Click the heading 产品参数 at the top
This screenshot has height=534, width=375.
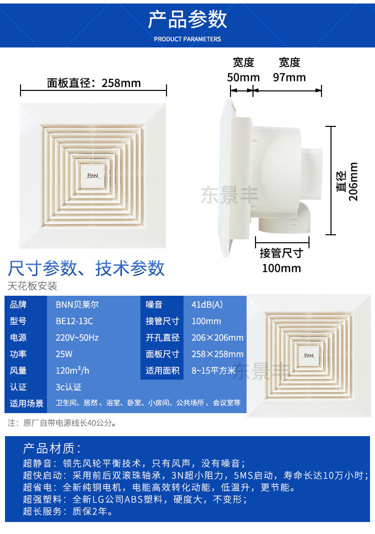187,20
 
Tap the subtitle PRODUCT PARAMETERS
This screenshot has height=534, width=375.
187,39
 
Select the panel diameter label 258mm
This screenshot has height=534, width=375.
94,83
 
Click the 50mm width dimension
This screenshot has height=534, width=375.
243,77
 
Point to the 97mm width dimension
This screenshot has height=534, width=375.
289,77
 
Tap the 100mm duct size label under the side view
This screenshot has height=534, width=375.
281,268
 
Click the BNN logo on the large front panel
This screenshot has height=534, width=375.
93,176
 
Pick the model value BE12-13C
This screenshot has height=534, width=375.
74,321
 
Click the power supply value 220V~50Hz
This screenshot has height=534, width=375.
77,338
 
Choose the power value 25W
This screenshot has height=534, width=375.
64,354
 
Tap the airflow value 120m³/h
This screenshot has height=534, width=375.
72,371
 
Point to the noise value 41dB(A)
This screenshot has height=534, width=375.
207,305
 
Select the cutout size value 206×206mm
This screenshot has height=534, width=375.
217,338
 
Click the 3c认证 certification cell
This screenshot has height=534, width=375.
68,387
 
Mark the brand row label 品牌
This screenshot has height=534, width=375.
18,305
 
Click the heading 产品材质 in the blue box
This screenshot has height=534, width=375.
51,448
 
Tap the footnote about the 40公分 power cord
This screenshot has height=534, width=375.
62,423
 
